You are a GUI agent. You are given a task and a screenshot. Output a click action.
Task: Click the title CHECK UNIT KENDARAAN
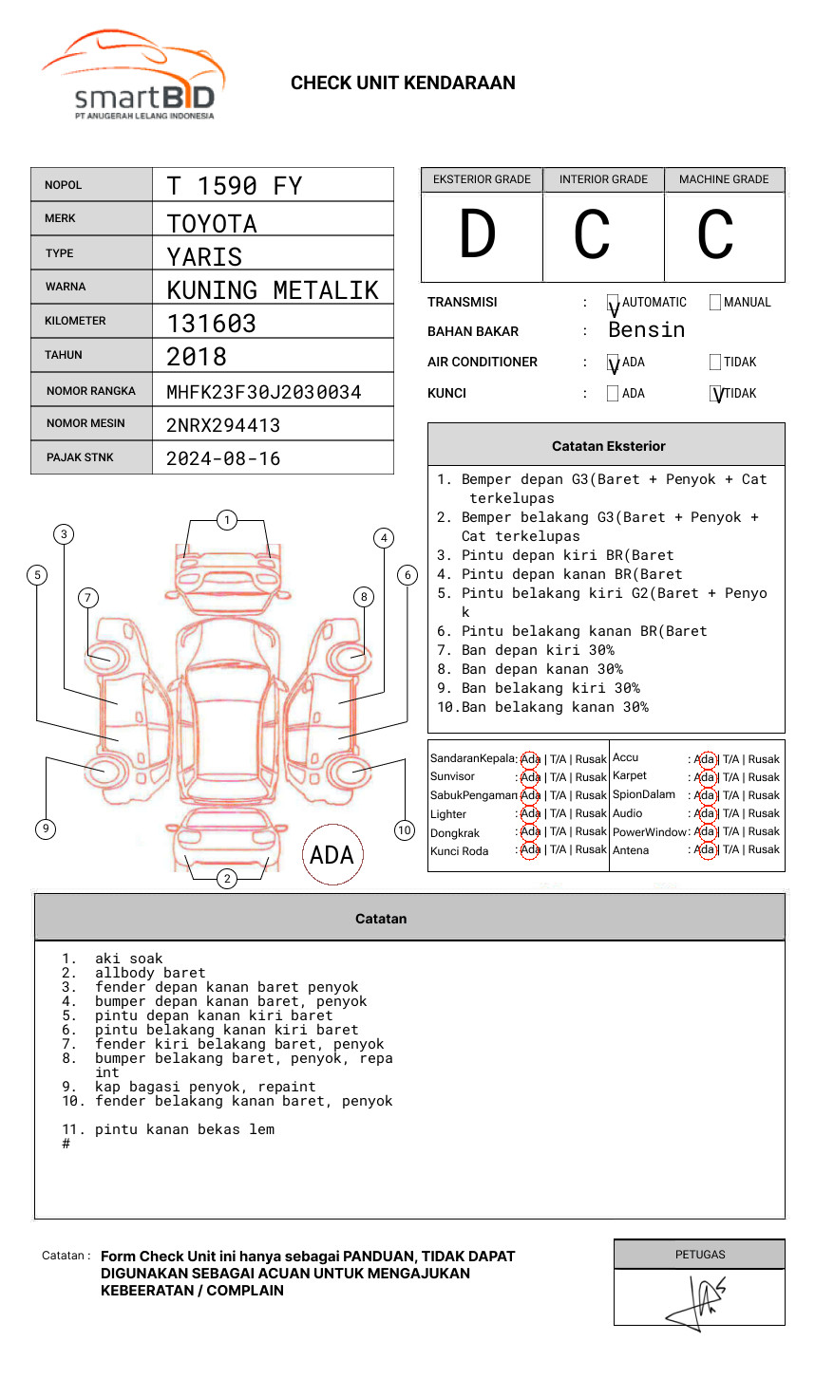pos(403,84)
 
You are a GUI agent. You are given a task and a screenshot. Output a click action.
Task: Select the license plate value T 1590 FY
pos(235,186)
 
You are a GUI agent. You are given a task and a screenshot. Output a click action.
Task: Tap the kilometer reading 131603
pos(212,324)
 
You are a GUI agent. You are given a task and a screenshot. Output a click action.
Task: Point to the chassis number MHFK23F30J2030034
pos(264,392)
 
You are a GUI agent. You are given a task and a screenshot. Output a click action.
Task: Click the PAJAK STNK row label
pos(80,457)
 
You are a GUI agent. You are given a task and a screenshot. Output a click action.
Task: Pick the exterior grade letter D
pos(478,235)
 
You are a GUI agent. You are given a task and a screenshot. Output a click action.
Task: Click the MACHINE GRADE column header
pos(724,179)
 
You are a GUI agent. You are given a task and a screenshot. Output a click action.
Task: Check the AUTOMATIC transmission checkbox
pos(613,303)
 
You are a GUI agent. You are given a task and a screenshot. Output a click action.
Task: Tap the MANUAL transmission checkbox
pos(715,303)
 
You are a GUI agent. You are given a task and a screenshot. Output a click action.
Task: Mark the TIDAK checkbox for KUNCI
pos(716,394)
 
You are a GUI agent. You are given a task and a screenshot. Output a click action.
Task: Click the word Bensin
pos(646,330)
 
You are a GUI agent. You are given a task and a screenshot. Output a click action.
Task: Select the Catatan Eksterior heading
pos(608,446)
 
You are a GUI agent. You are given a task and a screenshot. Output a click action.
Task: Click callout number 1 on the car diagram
pos(226,520)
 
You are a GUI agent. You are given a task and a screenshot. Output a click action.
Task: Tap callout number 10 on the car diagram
pos(405,830)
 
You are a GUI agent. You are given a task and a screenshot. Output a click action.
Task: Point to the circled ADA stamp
pos(332,855)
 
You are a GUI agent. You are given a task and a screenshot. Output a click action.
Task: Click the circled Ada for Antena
pos(705,850)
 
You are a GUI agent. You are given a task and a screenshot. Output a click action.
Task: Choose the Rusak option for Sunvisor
pos(591,777)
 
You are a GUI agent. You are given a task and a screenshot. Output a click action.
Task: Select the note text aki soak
pos(129,959)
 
